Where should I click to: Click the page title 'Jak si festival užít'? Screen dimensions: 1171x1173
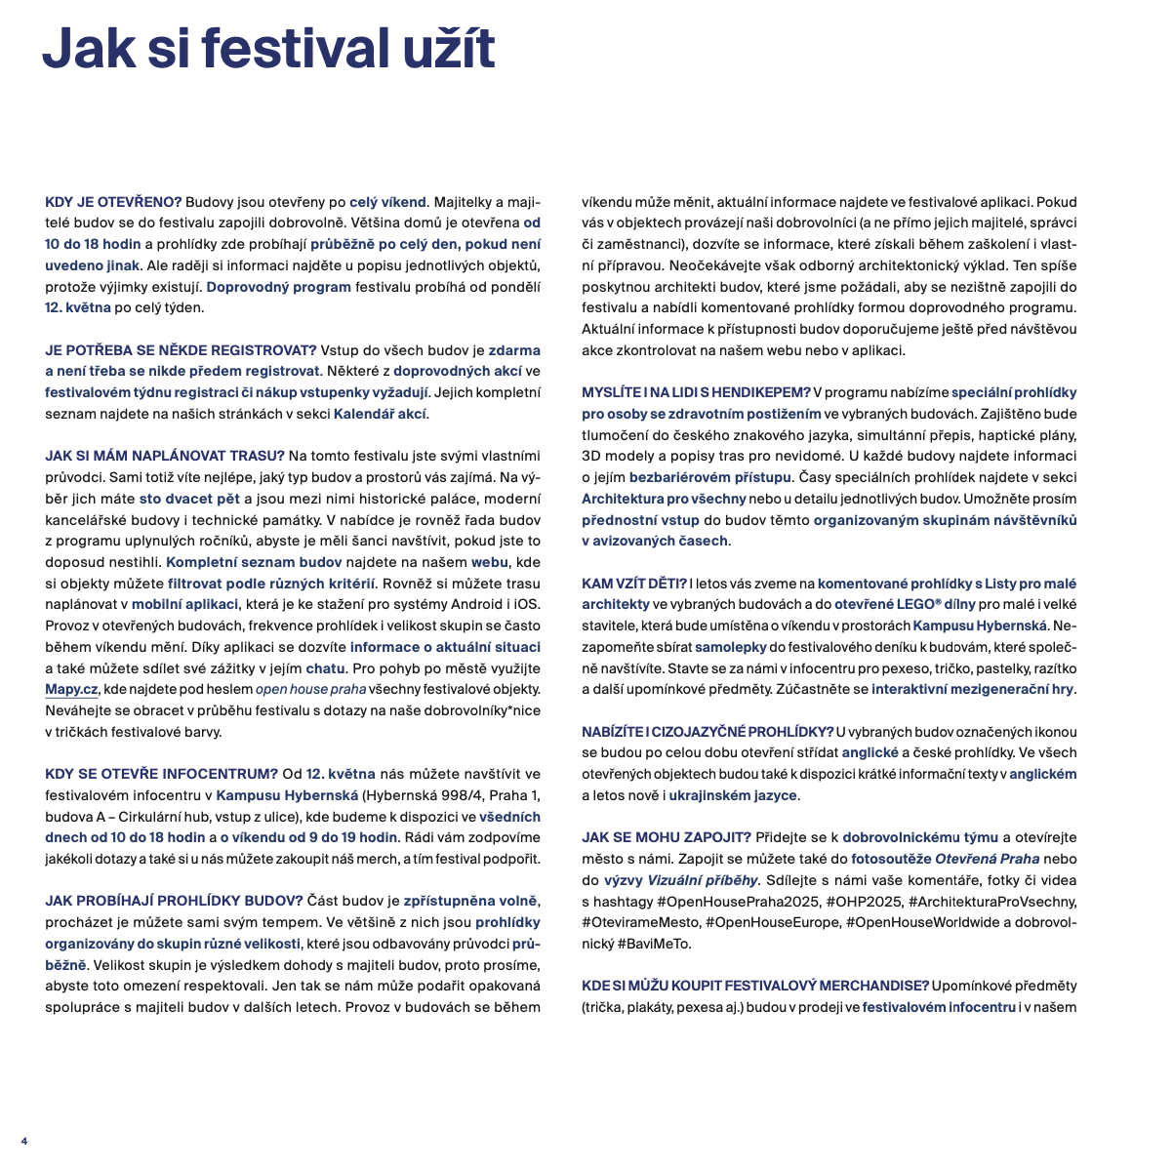tap(268, 49)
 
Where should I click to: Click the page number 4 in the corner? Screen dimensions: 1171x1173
tap(24, 1141)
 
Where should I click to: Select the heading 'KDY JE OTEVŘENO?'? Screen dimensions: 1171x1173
tap(113, 202)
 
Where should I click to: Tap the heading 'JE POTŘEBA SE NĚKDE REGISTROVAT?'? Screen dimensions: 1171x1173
tap(182, 350)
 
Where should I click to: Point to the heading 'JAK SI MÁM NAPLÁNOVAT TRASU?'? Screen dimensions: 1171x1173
tap(165, 456)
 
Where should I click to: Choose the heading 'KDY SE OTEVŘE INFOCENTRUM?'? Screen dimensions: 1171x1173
tap(161, 774)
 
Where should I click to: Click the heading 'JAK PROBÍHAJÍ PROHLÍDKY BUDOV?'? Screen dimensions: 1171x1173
tap(174, 901)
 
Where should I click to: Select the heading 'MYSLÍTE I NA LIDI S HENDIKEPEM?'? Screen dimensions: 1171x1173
tap(696, 392)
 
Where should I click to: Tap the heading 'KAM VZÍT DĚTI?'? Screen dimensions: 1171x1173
tap(634, 584)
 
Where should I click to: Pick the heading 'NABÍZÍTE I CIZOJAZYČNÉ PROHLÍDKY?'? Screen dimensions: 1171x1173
tap(708, 732)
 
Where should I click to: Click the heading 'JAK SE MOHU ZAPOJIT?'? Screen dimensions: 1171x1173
tap(667, 837)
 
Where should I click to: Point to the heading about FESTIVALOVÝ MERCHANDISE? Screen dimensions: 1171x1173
tap(754, 986)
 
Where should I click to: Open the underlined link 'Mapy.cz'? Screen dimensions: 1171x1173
tap(71, 689)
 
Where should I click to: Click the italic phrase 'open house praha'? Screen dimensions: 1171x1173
tap(310, 689)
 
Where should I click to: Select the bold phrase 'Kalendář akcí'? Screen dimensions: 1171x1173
tap(380, 414)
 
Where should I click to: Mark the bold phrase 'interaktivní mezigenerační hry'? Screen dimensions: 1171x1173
tap(972, 689)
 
